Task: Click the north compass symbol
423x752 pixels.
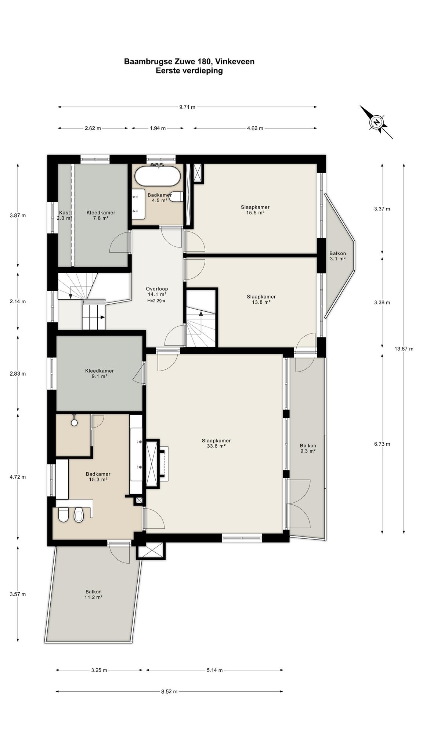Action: (376, 122)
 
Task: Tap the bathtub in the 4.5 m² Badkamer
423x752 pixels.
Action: (158, 176)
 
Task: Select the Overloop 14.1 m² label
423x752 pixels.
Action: (157, 292)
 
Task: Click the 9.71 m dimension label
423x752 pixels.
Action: (187, 107)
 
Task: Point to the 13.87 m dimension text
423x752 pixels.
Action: (404, 349)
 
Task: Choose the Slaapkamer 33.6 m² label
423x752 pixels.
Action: (216, 444)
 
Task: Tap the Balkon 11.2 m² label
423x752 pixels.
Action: (94, 594)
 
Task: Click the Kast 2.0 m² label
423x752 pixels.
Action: (65, 215)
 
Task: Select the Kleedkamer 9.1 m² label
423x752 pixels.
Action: (100, 373)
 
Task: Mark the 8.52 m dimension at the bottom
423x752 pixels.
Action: (169, 691)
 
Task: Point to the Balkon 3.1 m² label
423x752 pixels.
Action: (337, 256)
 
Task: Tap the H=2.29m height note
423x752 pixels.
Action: (156, 301)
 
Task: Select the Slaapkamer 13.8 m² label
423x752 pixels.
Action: (261, 300)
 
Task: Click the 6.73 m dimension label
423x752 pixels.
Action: (382, 444)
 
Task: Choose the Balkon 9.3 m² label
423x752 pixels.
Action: (308, 448)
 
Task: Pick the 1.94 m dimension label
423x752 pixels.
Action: (158, 129)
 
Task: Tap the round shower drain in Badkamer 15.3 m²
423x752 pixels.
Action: (75, 423)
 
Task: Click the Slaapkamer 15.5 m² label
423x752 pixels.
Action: (255, 210)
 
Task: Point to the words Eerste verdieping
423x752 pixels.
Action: (189, 71)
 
